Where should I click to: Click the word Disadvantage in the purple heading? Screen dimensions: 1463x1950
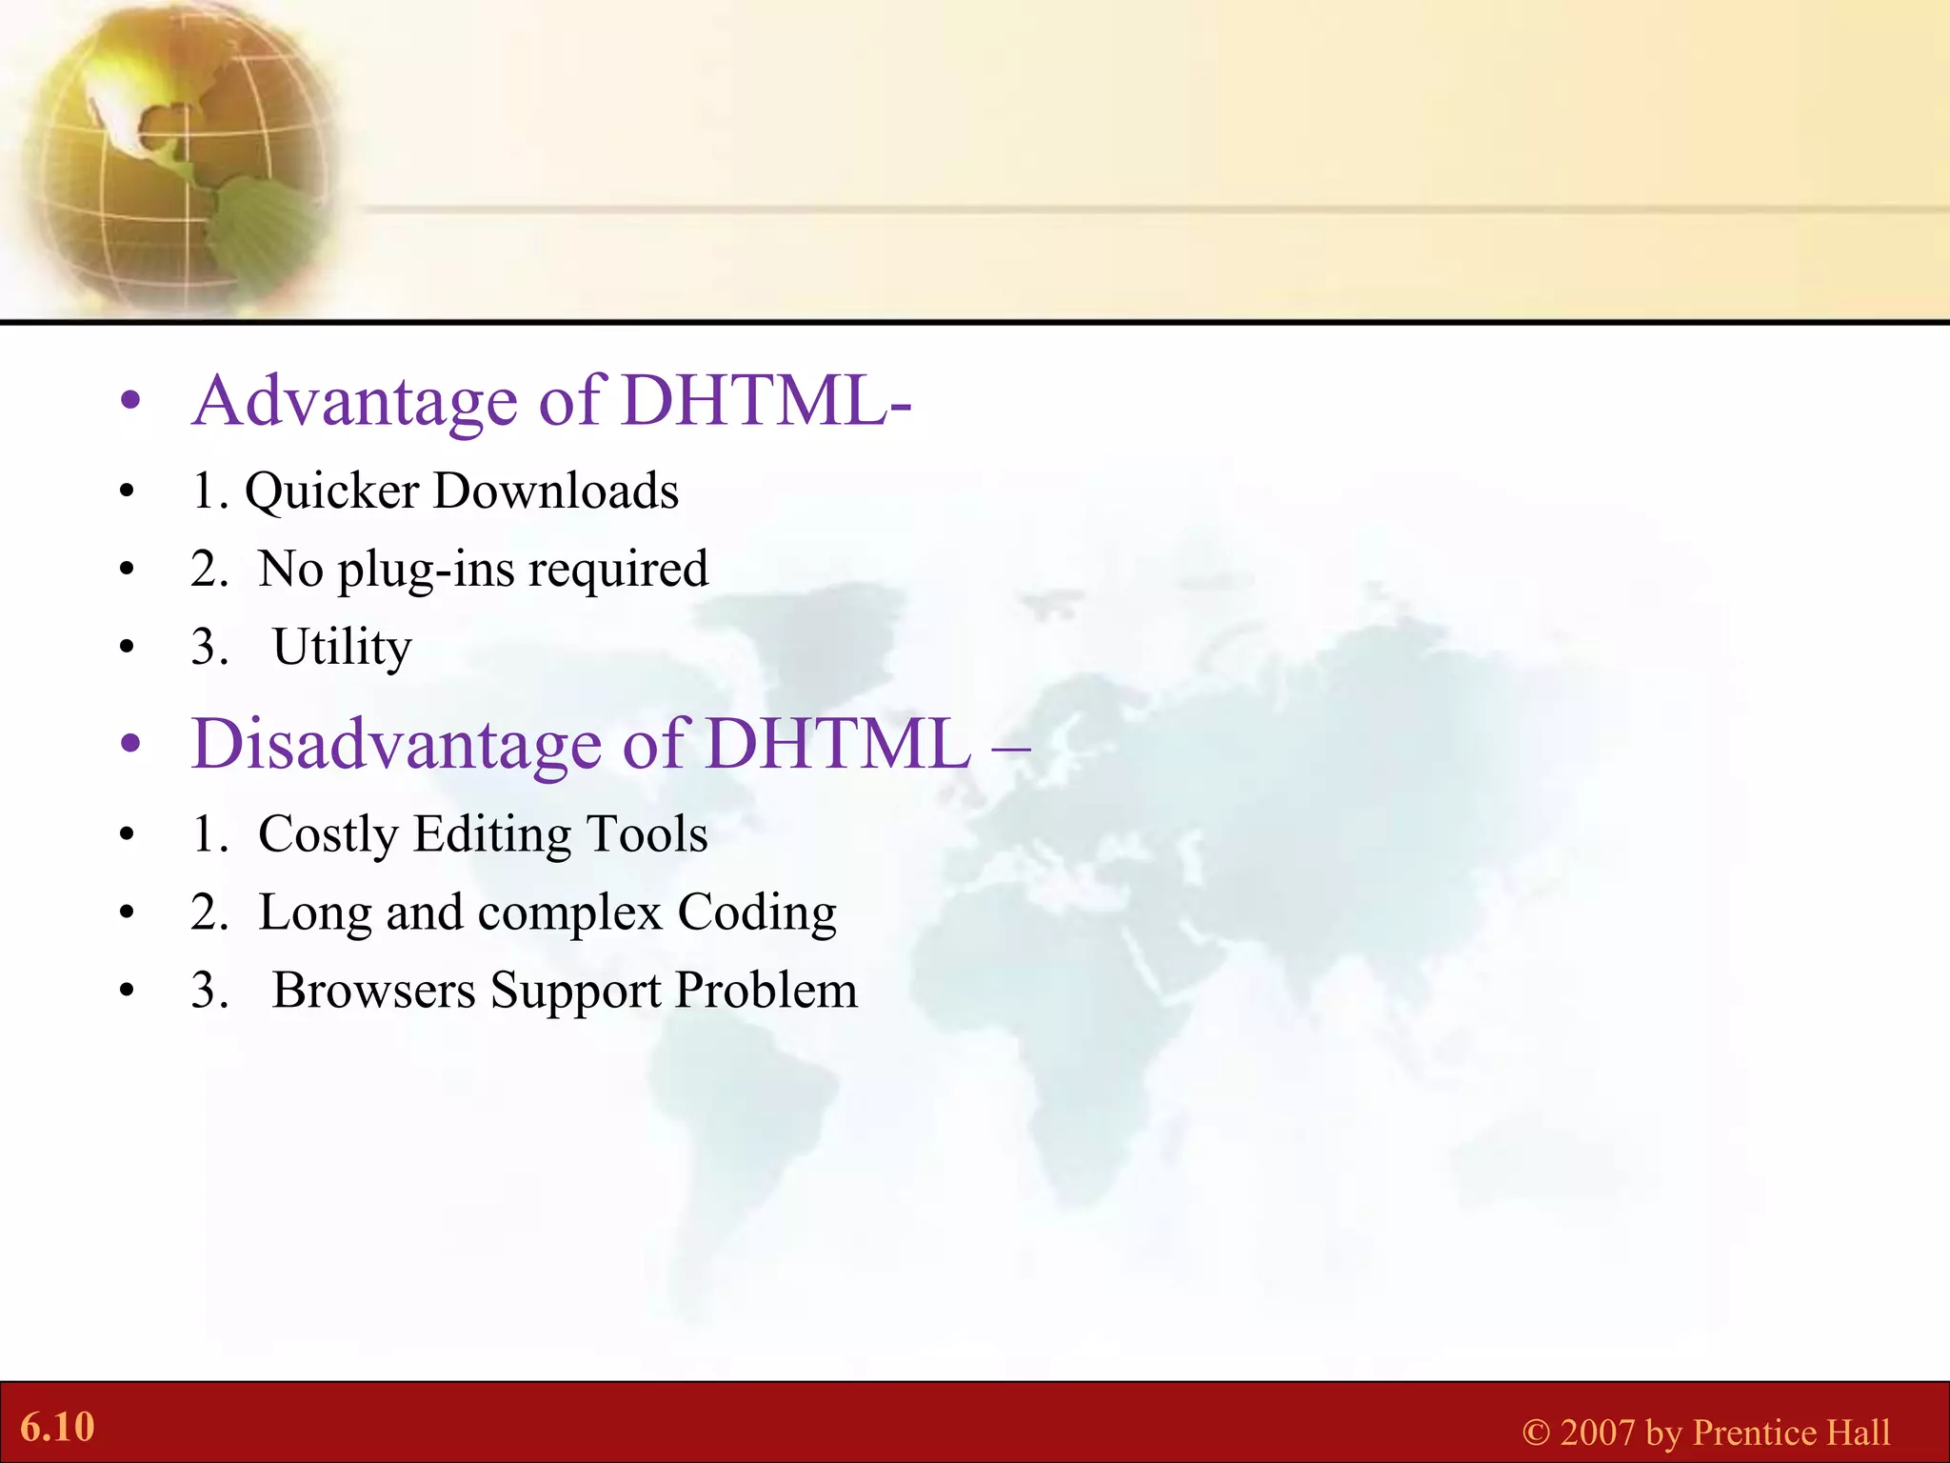(397, 745)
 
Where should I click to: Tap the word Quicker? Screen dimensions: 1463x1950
(331, 492)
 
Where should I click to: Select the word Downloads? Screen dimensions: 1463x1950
(556, 491)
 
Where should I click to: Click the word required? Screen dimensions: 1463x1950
(618, 571)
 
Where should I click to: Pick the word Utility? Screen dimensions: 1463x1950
(342, 649)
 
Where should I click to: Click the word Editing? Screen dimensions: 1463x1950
(492, 835)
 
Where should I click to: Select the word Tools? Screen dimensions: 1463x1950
(647, 834)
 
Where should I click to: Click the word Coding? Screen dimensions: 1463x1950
(757, 913)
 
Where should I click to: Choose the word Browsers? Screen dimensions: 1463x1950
(373, 991)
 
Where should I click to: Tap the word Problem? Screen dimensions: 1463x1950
(766, 991)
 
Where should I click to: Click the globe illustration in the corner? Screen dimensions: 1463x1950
(176, 157)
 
